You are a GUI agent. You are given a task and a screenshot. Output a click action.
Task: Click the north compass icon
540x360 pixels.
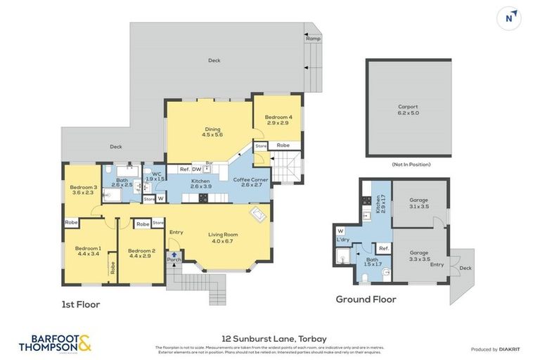coord(508,18)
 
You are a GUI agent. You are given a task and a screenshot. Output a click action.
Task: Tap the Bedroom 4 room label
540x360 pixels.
coord(278,120)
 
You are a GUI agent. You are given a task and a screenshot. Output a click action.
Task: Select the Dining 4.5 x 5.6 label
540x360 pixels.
coord(212,131)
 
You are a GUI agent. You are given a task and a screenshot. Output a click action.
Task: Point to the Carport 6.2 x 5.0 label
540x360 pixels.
coord(408,110)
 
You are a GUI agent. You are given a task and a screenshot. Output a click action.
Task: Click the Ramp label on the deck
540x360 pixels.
coord(313,39)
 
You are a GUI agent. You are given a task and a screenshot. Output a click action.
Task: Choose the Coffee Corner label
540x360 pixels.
coord(251,183)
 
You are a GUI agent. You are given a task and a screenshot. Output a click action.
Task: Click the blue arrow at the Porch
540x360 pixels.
coord(174,254)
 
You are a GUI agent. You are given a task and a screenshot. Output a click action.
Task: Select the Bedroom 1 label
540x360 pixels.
coord(89,251)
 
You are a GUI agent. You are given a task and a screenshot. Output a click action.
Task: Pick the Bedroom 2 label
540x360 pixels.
coord(141,253)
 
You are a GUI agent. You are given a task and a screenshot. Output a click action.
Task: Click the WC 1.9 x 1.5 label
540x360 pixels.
coord(156,176)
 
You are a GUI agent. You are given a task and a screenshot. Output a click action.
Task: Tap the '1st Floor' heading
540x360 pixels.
coord(80,305)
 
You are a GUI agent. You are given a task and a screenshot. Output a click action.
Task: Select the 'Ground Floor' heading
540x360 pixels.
coord(365,300)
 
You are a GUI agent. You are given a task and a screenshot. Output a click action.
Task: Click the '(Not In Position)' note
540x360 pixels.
coord(411,164)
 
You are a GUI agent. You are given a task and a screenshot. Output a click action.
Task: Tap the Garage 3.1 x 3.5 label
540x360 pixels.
coord(419,202)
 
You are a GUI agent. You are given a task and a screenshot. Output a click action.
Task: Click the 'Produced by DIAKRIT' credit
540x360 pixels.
coord(496,349)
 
